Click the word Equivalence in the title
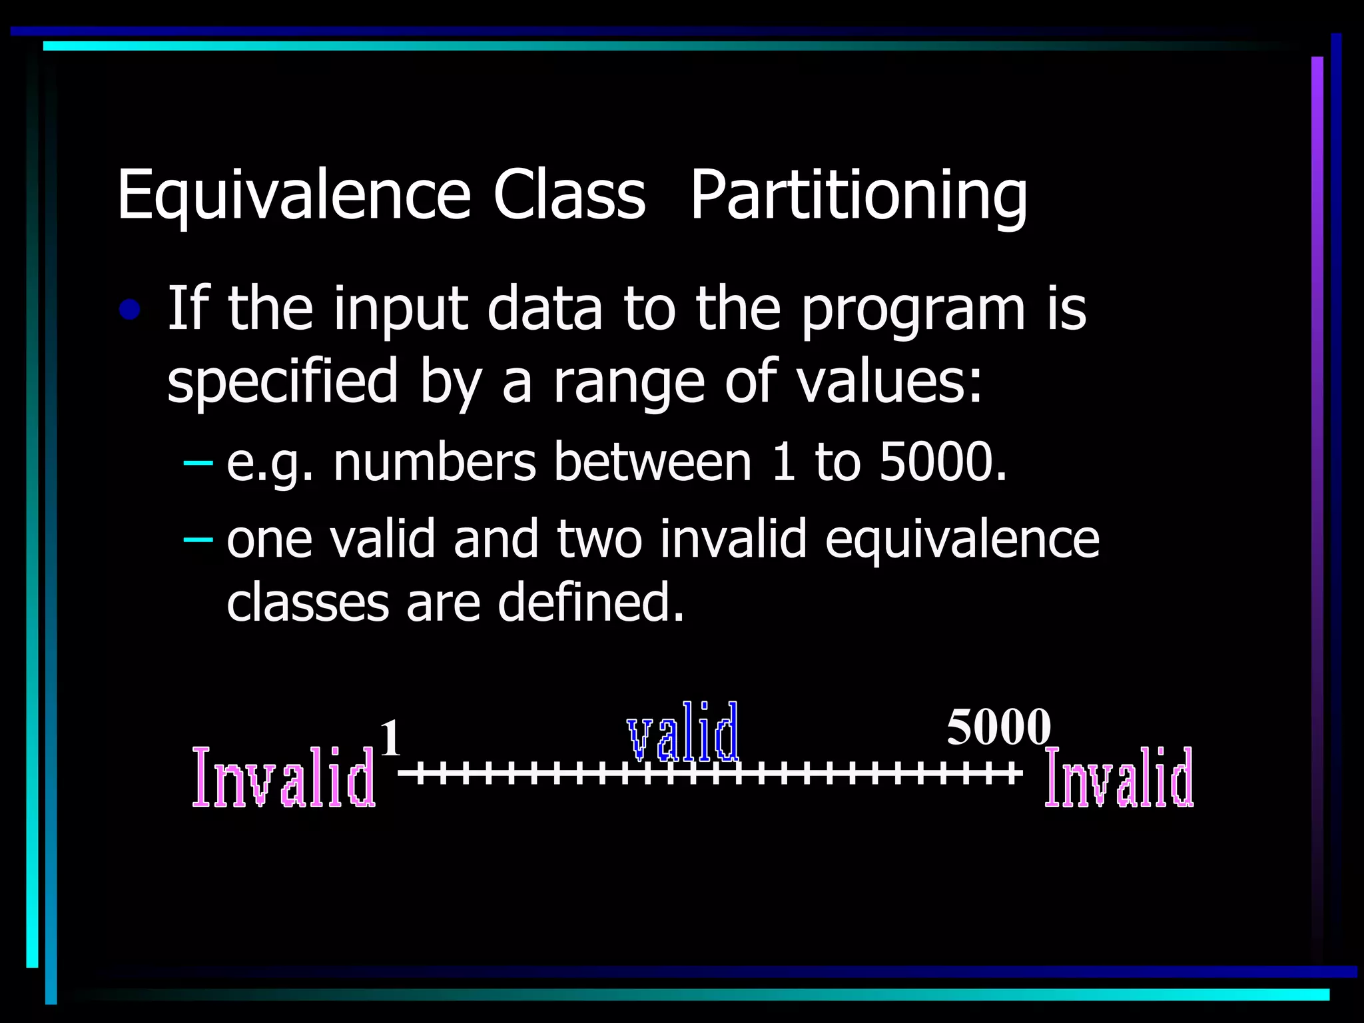tap(294, 195)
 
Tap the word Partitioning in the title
tap(858, 195)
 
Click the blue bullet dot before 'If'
tap(129, 310)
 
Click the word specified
tap(282, 381)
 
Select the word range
tap(629, 382)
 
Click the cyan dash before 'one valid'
tap(198, 538)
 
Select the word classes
tap(308, 601)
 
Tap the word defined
tap(591, 601)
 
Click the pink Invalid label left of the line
tap(284, 777)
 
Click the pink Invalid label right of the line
tap(1119, 777)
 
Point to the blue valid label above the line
tap(683, 732)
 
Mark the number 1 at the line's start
tap(390, 739)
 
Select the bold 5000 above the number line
tap(998, 727)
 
